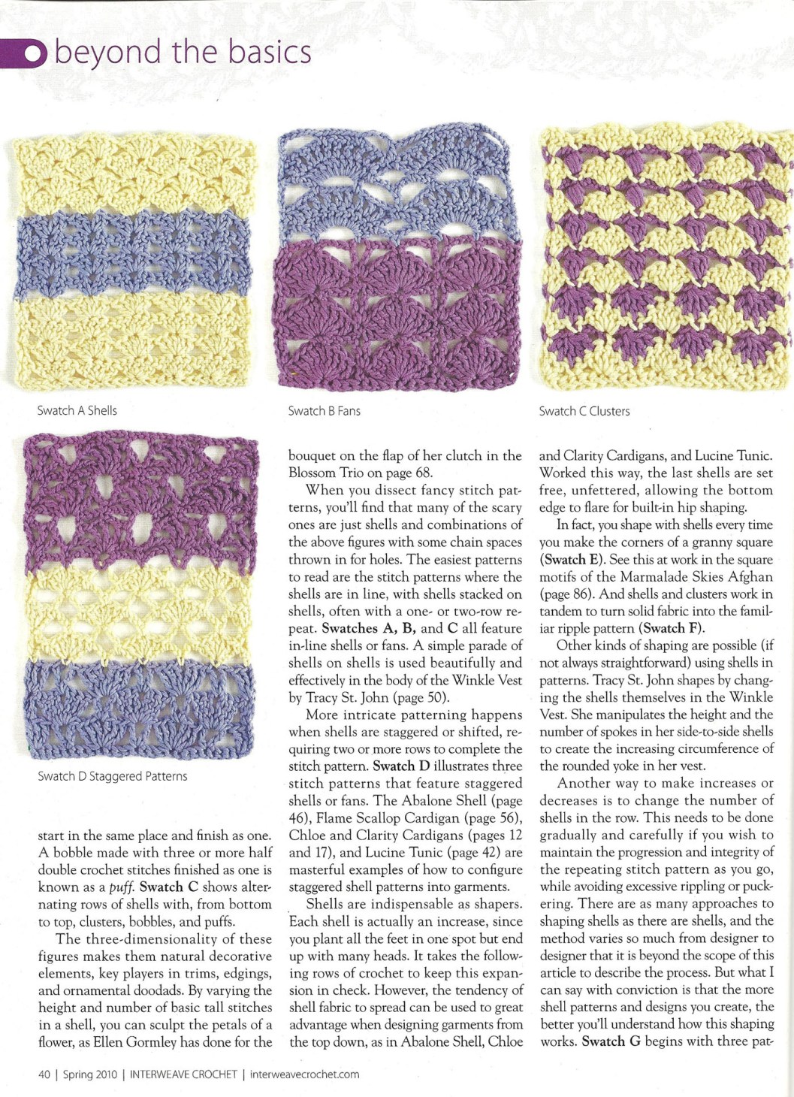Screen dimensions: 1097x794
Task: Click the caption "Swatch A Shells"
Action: [77, 410]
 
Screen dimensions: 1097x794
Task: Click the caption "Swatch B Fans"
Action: [324, 411]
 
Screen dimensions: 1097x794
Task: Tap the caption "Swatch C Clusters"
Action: [584, 411]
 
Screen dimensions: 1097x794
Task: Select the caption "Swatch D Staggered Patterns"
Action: [113, 776]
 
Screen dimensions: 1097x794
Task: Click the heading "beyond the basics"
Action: [183, 52]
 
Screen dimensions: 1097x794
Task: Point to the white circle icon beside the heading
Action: [34, 53]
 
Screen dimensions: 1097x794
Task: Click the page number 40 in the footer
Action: [44, 1074]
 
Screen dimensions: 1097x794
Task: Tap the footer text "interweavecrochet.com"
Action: [304, 1074]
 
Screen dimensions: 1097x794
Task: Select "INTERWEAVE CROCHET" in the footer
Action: [183, 1074]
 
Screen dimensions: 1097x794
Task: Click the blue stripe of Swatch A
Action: [134, 255]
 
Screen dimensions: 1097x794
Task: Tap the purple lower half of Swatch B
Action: [398, 312]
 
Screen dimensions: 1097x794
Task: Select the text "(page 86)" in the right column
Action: [566, 594]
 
